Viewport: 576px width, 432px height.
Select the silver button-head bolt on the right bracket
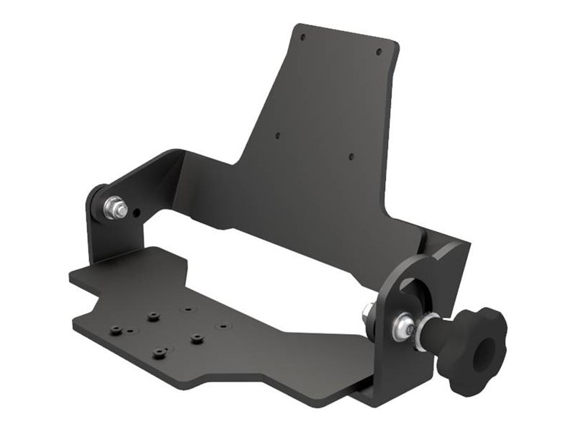(401, 328)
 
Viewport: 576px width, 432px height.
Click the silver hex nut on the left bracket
(114, 209)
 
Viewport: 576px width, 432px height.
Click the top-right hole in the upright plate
(379, 50)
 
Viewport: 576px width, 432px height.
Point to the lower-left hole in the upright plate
(278, 135)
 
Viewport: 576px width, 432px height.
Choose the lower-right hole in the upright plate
(351, 156)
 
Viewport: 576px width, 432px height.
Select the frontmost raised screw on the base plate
(159, 353)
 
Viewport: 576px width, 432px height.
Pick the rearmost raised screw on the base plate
(153, 315)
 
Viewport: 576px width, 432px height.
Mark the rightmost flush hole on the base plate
(223, 325)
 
